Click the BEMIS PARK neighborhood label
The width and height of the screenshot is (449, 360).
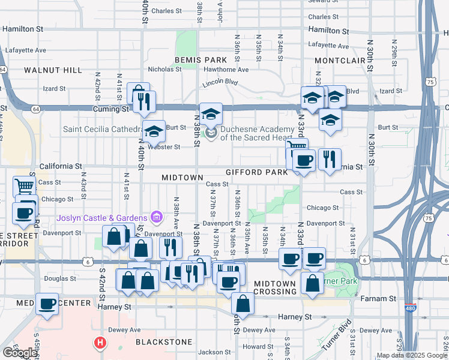[x=200, y=60]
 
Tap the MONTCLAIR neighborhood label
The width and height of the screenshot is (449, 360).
[x=340, y=61]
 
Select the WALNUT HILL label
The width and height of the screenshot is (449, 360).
[x=53, y=70]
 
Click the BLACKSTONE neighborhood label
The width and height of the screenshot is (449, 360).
[x=164, y=342]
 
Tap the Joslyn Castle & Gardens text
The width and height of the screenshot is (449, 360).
[x=102, y=217]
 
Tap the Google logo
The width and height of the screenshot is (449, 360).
[x=20, y=353]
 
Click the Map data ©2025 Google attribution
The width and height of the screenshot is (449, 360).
[x=412, y=355]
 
